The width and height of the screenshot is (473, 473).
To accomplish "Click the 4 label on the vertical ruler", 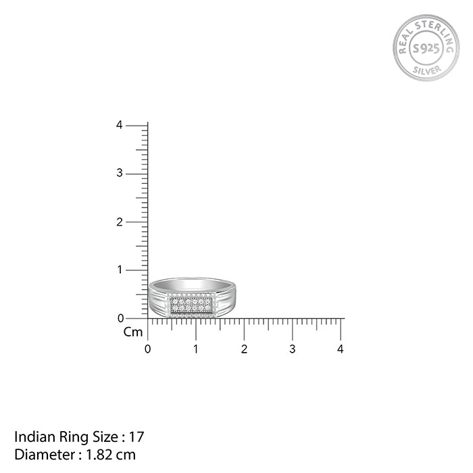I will (x=120, y=125).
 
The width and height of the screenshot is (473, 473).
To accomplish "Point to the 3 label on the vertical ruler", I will (x=120, y=173).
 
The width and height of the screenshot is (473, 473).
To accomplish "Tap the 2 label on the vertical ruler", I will (x=120, y=222).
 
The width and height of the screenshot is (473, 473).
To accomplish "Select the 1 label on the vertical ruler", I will (x=120, y=270).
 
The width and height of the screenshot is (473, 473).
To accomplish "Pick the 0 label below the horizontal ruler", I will (x=148, y=349).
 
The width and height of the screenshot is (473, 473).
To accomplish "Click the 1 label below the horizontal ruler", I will (x=196, y=349).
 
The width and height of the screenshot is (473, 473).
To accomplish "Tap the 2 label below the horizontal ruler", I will (x=244, y=349).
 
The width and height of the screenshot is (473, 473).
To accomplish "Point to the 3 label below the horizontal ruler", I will (x=293, y=349).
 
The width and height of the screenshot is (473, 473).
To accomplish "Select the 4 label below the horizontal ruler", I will (x=341, y=349).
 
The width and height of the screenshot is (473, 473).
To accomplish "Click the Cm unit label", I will (x=133, y=332).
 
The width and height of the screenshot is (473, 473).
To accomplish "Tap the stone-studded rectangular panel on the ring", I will (x=191, y=305).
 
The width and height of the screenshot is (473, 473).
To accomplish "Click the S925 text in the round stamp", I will (x=426, y=48).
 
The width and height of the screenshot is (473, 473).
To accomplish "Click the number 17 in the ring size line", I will (x=138, y=437).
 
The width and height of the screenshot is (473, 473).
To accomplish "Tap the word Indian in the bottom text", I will (x=31, y=437).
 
